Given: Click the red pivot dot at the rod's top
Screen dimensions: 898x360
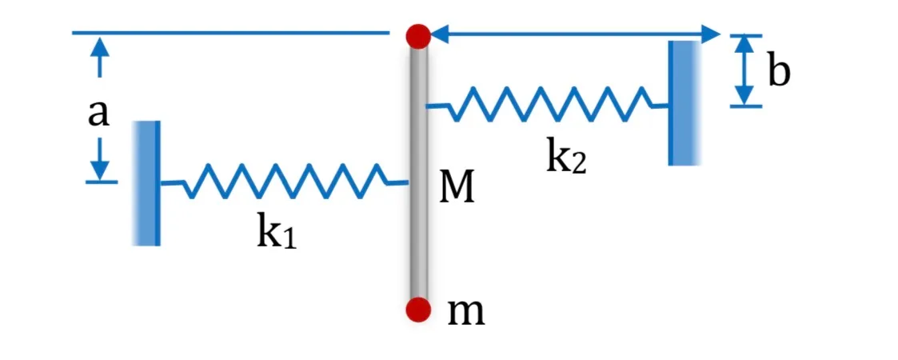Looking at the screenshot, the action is [418, 36].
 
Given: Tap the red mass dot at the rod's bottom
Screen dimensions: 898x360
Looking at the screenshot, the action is [418, 310].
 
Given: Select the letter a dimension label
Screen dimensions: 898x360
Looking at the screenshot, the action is [98, 114].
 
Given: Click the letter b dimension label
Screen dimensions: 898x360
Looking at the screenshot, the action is [778, 71].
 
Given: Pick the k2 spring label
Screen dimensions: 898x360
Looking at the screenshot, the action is [566, 157].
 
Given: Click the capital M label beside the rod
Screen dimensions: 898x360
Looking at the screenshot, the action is [457, 189].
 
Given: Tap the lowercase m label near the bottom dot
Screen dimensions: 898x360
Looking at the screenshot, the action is [465, 313].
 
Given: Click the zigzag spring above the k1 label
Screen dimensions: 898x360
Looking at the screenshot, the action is [284, 181].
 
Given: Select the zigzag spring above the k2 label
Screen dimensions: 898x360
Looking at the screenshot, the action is [548, 104].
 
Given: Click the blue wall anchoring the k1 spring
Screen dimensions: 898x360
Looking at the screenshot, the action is [146, 183].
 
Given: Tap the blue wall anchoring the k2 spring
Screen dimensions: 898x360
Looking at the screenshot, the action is [684, 103].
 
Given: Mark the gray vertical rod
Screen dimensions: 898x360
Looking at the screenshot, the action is [418, 172].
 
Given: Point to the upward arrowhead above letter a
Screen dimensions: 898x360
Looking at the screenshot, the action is [100, 46].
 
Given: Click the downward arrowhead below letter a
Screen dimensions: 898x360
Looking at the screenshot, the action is [100, 169].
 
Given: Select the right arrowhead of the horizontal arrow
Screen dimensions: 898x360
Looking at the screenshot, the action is [710, 34].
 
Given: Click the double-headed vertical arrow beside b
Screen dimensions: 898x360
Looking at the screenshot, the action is [744, 70].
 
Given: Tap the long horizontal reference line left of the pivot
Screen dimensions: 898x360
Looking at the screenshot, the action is [231, 33].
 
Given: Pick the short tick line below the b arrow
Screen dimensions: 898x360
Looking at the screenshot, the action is [746, 106].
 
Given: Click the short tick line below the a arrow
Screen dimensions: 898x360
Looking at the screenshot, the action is [102, 182].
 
